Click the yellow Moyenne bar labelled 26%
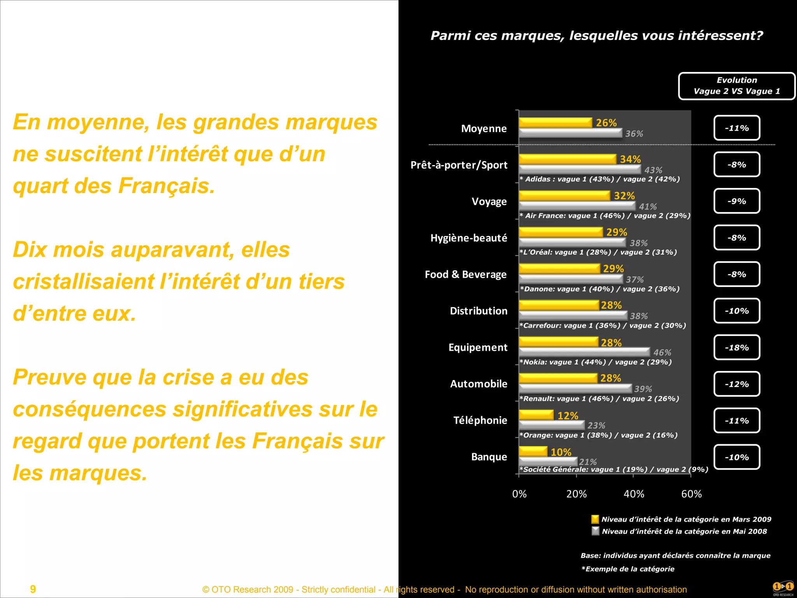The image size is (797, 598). coord(555,123)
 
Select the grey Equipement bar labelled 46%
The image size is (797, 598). coord(584,352)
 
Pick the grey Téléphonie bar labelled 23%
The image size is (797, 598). coord(551,425)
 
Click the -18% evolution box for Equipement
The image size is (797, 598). coord(737,347)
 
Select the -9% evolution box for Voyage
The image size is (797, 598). coord(737,201)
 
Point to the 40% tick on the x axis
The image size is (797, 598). coord(634,494)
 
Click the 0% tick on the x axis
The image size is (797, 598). coord(519,494)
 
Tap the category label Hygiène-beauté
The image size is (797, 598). coord(469,238)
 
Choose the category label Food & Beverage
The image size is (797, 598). coord(465,274)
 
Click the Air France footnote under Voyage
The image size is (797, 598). coord(605,216)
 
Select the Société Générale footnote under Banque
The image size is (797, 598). coord(614,470)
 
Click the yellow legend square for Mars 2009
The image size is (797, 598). coord(595,519)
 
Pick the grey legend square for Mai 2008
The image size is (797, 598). coord(595,531)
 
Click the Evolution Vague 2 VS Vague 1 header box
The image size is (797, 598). coord(737,86)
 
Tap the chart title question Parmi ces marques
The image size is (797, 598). coord(597,35)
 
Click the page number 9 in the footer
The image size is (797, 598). coord(33,589)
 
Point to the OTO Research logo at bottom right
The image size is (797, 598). coord(783,588)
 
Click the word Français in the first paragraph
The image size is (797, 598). coord(166,186)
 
